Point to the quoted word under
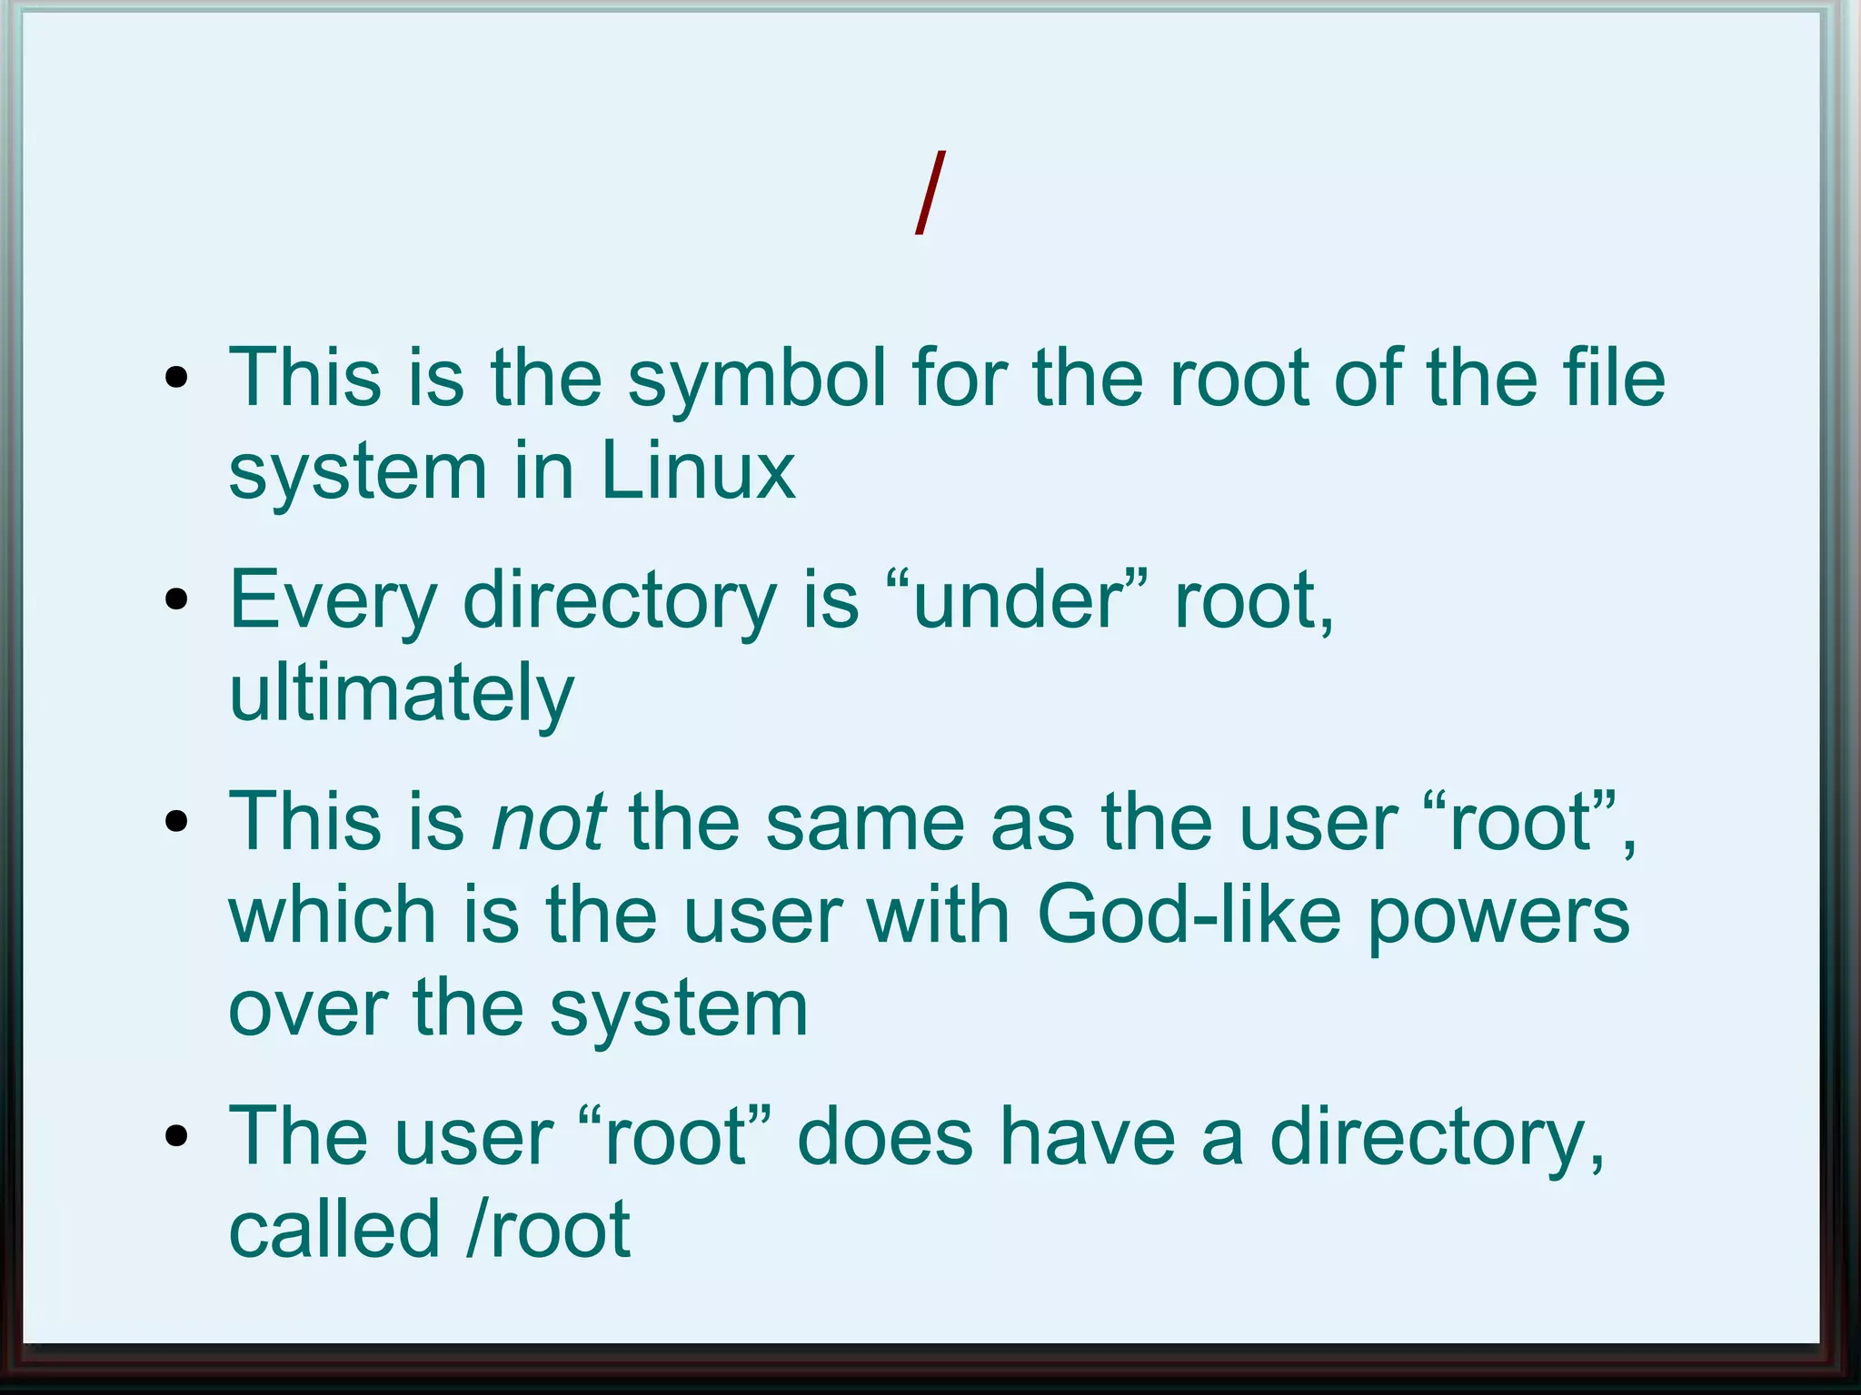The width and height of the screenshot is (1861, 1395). [1017, 600]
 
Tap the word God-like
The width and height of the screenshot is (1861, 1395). [1189, 915]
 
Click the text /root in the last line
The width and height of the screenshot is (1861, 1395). [548, 1231]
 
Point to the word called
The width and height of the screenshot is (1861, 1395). [333, 1231]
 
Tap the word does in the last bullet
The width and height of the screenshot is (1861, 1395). [884, 1138]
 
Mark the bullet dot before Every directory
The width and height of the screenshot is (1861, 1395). [177, 600]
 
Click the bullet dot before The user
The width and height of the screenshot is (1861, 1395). [177, 1136]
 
